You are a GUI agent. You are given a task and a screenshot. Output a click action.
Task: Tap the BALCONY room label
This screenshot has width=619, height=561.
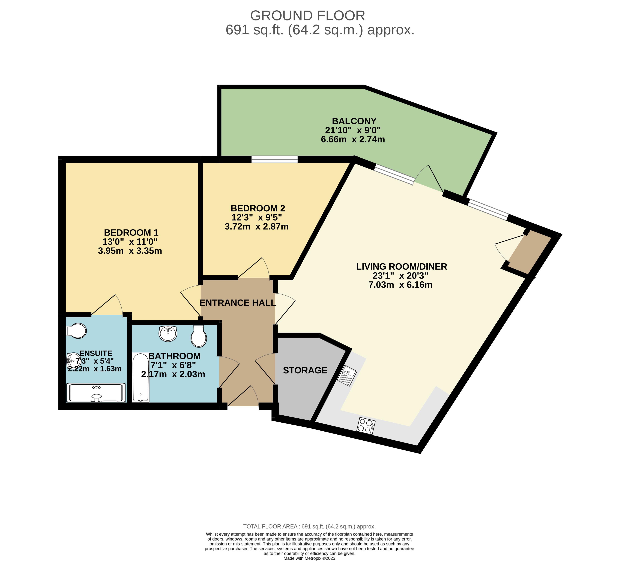(354, 121)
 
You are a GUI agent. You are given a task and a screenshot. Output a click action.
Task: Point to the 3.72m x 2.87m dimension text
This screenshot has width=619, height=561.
(257, 227)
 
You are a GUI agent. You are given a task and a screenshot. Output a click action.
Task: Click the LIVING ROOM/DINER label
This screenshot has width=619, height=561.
(401, 267)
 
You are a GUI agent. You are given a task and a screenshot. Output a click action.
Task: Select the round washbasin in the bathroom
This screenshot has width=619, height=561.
(168, 333)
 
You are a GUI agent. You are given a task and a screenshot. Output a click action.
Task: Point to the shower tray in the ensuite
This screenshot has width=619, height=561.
(96, 393)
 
